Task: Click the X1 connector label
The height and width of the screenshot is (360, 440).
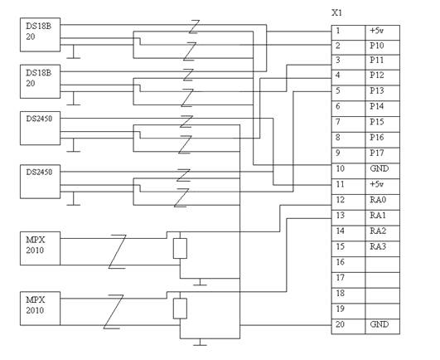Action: (x=336, y=13)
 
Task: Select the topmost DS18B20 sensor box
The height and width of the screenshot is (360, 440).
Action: (x=40, y=35)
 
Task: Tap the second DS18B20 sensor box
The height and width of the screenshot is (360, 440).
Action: (x=40, y=81)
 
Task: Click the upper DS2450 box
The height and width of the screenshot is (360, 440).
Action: (x=40, y=129)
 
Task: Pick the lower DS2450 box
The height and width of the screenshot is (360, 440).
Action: (x=40, y=182)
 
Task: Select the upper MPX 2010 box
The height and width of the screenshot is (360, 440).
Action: (x=40, y=248)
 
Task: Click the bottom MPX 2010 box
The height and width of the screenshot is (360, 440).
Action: (x=40, y=309)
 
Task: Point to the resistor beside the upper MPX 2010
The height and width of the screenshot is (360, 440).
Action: (x=180, y=249)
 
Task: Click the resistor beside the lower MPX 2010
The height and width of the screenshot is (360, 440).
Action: (x=180, y=309)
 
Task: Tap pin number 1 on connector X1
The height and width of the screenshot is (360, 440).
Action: (x=338, y=31)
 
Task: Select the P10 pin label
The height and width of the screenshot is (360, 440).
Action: (x=376, y=46)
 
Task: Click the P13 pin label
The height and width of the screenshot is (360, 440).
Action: (x=376, y=90)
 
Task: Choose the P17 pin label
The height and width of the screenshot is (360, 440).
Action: (x=376, y=153)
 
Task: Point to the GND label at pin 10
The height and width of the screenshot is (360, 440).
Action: (x=380, y=168)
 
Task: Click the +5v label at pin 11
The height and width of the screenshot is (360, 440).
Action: (x=376, y=184)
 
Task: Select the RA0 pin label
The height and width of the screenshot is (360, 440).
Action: (x=378, y=200)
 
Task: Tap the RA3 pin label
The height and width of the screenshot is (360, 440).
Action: (x=378, y=246)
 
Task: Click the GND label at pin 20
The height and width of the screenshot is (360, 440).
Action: (x=380, y=324)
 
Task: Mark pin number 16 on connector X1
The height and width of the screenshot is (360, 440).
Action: (x=340, y=262)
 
